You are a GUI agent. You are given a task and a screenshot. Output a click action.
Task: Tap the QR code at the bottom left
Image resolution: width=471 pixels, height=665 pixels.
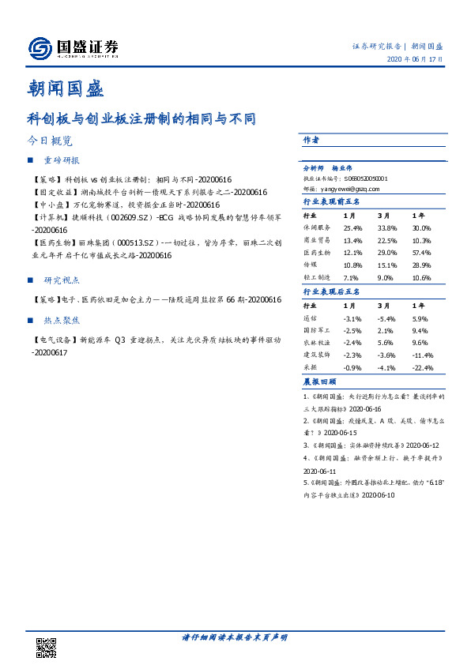[47, 646]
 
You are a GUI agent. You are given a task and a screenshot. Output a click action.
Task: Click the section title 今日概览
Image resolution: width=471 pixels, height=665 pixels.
[49, 141]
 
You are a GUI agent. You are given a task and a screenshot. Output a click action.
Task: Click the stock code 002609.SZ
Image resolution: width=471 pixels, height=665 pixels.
[126, 216]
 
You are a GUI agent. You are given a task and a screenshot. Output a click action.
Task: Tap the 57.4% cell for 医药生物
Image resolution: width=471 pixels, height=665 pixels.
[424, 251]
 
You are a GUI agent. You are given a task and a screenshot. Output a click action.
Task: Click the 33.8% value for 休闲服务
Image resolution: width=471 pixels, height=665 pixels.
[387, 227]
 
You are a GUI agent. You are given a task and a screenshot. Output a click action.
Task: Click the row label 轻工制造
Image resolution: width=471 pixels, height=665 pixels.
[315, 277]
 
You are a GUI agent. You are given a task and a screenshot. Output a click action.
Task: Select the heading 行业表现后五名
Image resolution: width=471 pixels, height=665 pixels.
[332, 291]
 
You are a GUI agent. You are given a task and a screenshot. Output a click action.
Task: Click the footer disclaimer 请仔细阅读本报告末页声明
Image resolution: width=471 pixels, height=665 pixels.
[235, 637]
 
